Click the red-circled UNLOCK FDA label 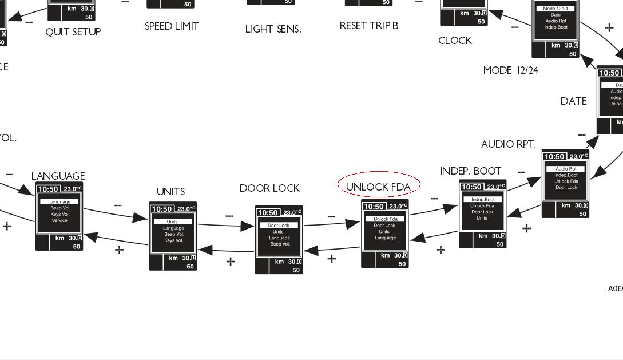click(x=378, y=187)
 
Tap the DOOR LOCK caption click(x=269, y=188)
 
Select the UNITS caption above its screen click(x=170, y=191)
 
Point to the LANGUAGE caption click(x=58, y=176)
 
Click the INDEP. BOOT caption click(x=470, y=171)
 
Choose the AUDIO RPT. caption click(x=508, y=144)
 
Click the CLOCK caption click(x=455, y=41)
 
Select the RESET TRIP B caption click(x=368, y=26)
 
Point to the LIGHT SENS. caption click(x=273, y=29)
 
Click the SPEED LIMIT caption click(x=172, y=26)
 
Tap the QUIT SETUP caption click(x=73, y=32)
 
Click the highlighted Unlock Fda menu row click(x=385, y=219)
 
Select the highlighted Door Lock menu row click(x=279, y=226)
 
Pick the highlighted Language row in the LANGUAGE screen click(x=59, y=201)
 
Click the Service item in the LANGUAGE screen click(x=59, y=220)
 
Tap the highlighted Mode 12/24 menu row click(x=555, y=9)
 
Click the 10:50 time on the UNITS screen click(x=162, y=209)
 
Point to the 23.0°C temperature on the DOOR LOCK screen click(x=292, y=212)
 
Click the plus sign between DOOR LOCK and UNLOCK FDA click(x=331, y=259)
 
